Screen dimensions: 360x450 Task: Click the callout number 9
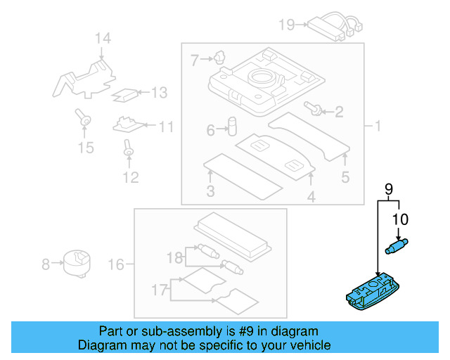(x=389, y=188)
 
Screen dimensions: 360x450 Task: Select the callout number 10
(x=399, y=219)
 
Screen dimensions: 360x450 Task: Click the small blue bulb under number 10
(x=397, y=245)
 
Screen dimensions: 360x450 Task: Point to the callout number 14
(x=103, y=39)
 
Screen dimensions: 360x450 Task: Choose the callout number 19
(x=286, y=25)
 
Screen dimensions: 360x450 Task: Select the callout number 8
(x=46, y=264)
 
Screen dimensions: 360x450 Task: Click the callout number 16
(x=116, y=264)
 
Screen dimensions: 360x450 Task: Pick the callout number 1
(x=377, y=127)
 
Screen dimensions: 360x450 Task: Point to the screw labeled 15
(x=85, y=122)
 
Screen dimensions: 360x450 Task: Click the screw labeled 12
(x=129, y=148)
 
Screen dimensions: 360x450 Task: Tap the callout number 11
(x=165, y=127)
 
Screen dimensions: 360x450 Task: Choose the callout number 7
(x=195, y=60)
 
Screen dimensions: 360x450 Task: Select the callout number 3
(x=210, y=192)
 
